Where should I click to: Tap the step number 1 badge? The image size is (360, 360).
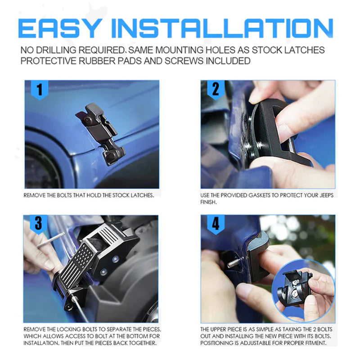39,90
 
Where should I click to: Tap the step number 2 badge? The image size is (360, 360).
215,89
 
